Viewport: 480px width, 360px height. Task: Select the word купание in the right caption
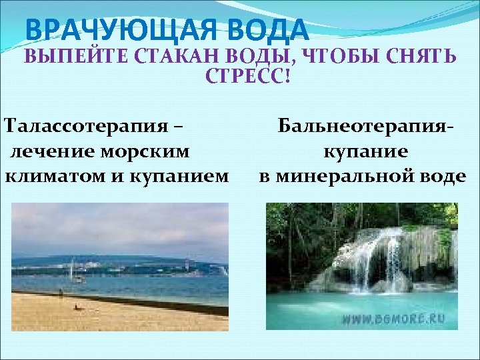click(366, 151)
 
